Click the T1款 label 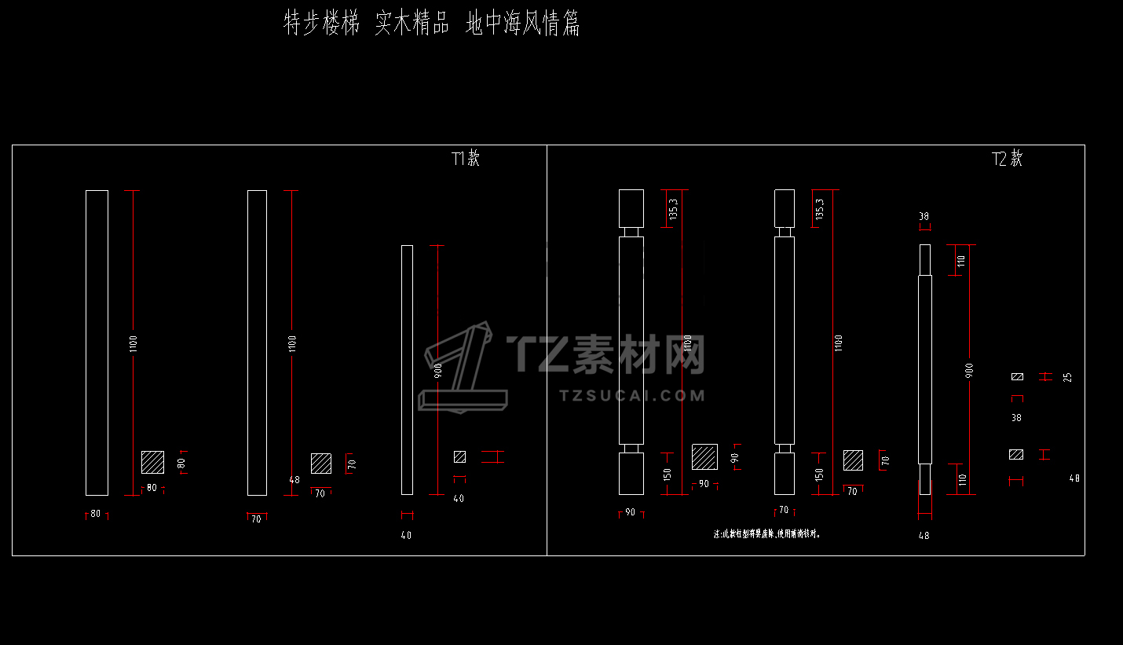[x=466, y=158]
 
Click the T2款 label [x=1008, y=159]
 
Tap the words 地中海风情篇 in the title [x=522, y=24]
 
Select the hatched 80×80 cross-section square [x=152, y=462]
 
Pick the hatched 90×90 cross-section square [x=704, y=456]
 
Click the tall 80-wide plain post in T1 [x=97, y=343]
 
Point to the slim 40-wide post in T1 [x=407, y=369]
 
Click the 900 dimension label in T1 [x=437, y=369]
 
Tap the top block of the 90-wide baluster [x=631, y=208]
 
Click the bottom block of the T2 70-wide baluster [x=785, y=473]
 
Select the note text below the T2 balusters [x=766, y=533]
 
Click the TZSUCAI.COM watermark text [x=633, y=395]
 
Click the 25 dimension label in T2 [x=1066, y=377]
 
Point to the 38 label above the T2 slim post [x=924, y=216]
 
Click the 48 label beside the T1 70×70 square [x=294, y=479]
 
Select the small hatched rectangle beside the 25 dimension [x=1017, y=377]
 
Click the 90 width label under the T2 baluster [x=630, y=512]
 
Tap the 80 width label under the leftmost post [x=96, y=514]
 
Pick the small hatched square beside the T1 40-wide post [x=459, y=456]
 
